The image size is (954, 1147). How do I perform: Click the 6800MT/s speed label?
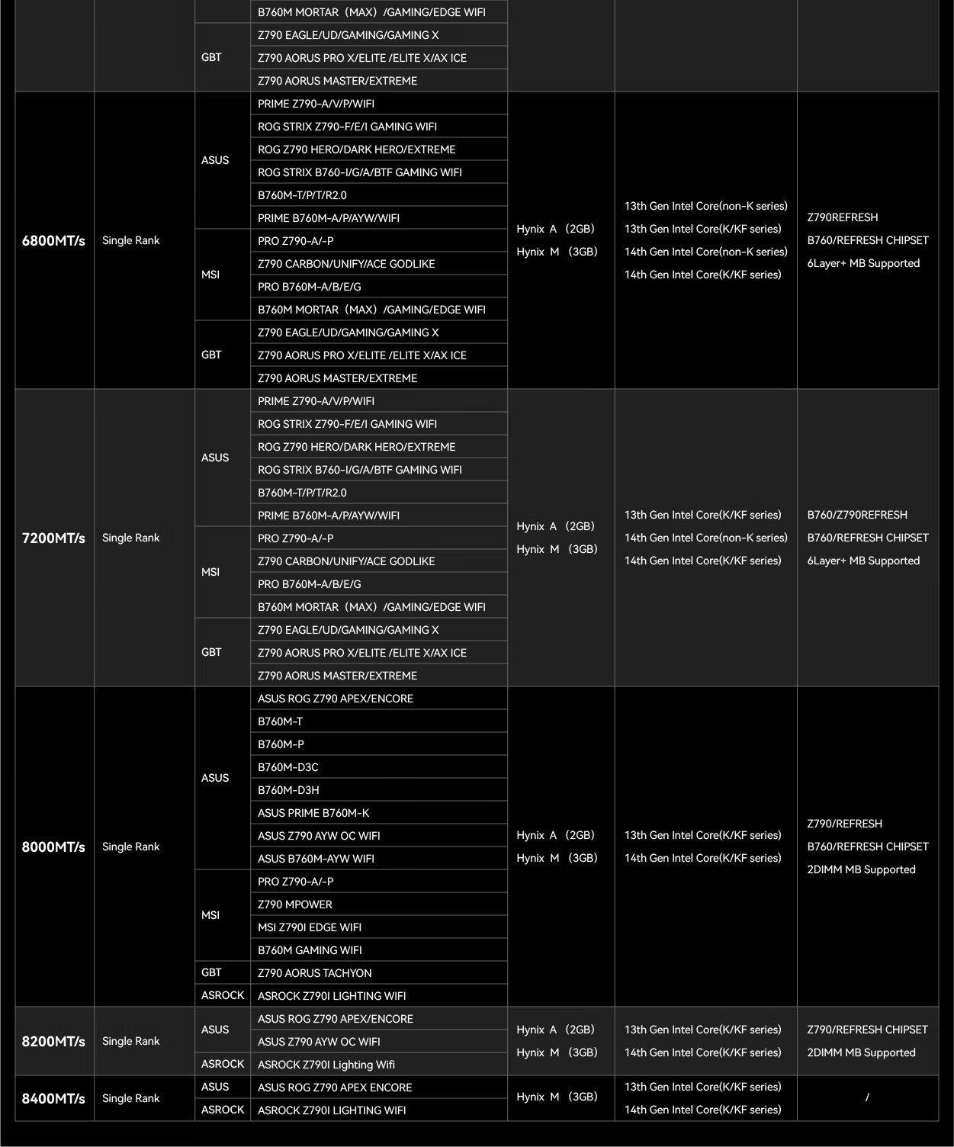tap(53, 241)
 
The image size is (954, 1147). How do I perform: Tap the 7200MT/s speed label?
tap(53, 538)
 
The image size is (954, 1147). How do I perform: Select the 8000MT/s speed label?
tap(53, 847)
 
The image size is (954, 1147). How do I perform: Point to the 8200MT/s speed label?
tap(53, 1042)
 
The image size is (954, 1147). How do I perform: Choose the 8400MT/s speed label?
tap(53, 1099)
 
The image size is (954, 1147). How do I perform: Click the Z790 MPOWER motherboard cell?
tap(295, 904)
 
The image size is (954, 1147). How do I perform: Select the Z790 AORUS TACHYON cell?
tap(315, 973)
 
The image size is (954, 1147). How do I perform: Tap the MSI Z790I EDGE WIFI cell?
tap(310, 927)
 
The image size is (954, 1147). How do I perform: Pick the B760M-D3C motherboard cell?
tap(288, 767)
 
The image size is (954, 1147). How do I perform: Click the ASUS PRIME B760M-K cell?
tap(313, 813)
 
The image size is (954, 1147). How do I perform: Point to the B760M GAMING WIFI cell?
tap(310, 950)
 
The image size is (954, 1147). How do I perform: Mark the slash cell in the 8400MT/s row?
tap(867, 1098)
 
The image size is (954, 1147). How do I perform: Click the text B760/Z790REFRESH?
tap(857, 515)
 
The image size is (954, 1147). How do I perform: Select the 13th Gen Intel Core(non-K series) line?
tap(706, 206)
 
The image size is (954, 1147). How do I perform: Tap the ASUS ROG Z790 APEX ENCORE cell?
tap(335, 1088)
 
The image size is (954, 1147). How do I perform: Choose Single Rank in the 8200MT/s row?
tap(131, 1042)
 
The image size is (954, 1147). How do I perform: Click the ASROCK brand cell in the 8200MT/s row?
tap(223, 1064)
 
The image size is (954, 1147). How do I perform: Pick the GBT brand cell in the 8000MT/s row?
tap(211, 972)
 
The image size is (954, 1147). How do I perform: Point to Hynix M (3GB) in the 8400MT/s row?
tap(557, 1097)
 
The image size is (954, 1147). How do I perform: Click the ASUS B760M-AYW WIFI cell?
tap(316, 859)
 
